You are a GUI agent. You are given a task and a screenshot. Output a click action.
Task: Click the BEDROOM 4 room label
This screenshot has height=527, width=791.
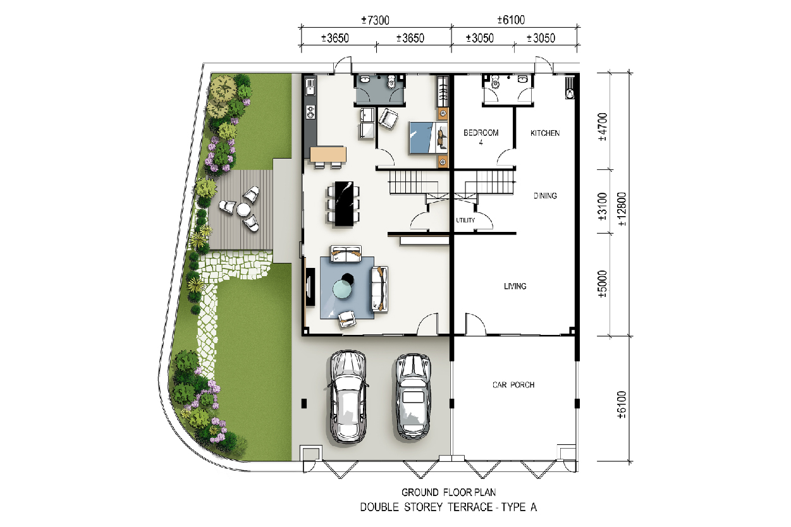481,137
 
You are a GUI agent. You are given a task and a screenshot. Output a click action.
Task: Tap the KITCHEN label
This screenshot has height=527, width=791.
545,133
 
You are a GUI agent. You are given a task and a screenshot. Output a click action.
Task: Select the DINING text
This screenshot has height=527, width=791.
545,195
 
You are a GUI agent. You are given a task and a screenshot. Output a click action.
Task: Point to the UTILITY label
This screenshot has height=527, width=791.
465,221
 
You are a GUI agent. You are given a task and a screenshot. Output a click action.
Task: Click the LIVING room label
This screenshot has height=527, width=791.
515,286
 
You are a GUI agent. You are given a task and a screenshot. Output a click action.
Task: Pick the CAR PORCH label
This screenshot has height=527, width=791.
513,385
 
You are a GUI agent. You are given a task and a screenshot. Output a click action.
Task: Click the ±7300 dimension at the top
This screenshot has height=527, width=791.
375,20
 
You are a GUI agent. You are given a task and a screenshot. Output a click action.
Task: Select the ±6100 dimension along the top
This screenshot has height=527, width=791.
511,20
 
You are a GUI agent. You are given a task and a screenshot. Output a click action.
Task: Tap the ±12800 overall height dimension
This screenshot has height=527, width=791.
622,209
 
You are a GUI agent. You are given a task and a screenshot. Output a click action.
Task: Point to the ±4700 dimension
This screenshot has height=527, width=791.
603,127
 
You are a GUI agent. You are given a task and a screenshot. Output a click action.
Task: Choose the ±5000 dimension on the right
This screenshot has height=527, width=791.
603,284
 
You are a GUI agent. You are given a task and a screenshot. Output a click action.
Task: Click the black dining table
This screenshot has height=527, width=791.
344,203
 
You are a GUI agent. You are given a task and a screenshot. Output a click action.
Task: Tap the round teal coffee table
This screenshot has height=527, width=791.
342,289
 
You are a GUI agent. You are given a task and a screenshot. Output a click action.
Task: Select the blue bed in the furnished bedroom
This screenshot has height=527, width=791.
428,138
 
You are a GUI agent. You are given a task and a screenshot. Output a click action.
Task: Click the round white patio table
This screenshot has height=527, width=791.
243,210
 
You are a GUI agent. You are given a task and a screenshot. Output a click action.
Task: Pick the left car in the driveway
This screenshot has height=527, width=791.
348,396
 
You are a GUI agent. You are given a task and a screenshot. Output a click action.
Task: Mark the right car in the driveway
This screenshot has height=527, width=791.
412,397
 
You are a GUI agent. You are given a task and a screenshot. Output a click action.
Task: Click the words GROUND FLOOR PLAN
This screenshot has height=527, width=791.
448,492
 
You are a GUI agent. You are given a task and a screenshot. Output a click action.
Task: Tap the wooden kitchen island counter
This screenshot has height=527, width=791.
328,154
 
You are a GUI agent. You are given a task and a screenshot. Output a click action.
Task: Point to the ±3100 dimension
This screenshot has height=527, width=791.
603,206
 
